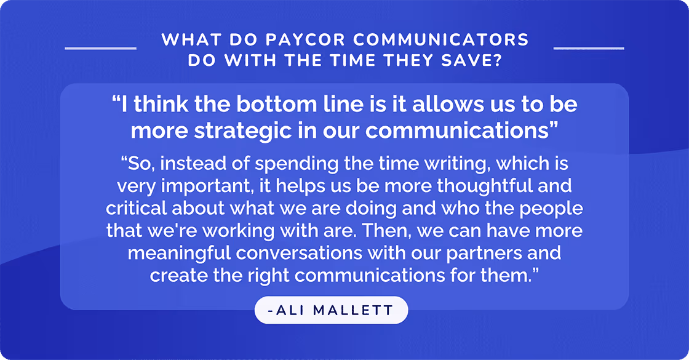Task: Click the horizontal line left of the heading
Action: tap(100, 47)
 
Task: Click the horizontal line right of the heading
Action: tap(589, 47)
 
